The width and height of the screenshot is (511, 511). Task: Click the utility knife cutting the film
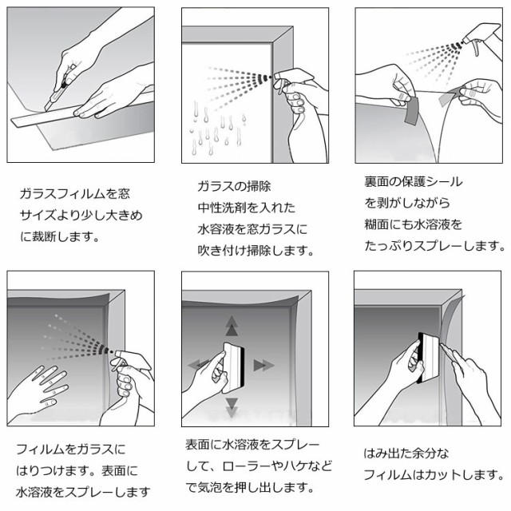tap(58, 89)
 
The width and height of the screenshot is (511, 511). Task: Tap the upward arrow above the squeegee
tap(232, 326)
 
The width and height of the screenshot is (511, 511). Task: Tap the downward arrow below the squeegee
tap(232, 407)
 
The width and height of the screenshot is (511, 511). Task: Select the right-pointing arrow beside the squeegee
tap(263, 366)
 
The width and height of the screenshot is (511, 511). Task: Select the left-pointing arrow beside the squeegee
tap(198, 364)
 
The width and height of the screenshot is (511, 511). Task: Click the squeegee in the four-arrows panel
tap(234, 364)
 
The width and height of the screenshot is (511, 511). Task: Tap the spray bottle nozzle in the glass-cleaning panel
tap(277, 76)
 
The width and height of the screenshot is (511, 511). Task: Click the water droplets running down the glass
tap(217, 128)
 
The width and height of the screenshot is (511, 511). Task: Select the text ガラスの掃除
tap(234, 186)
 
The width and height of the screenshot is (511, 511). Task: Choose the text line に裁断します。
tap(60, 236)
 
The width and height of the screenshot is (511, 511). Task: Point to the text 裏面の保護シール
tap(414, 181)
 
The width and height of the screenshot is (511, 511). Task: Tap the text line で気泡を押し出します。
tap(250, 488)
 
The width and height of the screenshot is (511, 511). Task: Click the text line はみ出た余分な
tap(406, 453)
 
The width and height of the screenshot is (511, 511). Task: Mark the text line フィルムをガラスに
tap(71, 450)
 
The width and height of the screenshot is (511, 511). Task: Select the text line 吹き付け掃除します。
tap(255, 251)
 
